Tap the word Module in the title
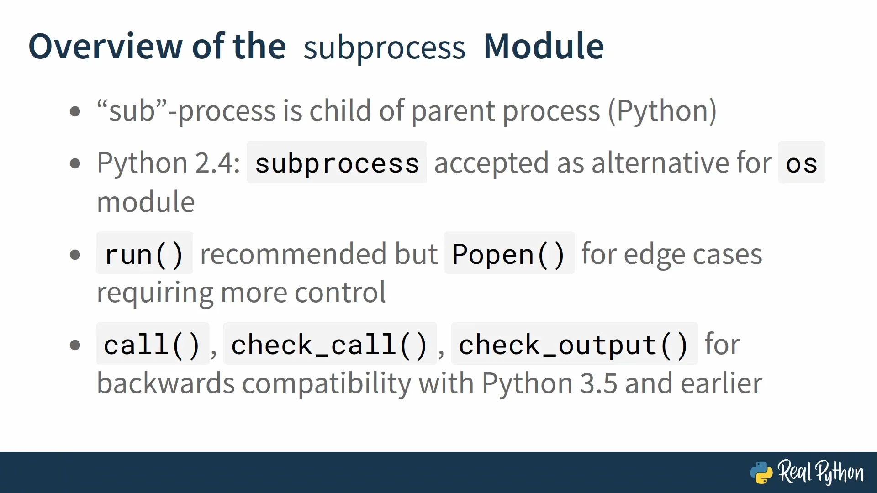544,46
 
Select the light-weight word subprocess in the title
384,48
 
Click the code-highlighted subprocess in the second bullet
337,163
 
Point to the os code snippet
802,163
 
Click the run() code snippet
144,253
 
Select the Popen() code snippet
509,253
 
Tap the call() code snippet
153,344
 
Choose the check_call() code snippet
330,344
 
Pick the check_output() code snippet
574,344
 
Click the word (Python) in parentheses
662,111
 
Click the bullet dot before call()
75,345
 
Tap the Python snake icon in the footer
761,472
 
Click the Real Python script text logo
821,472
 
